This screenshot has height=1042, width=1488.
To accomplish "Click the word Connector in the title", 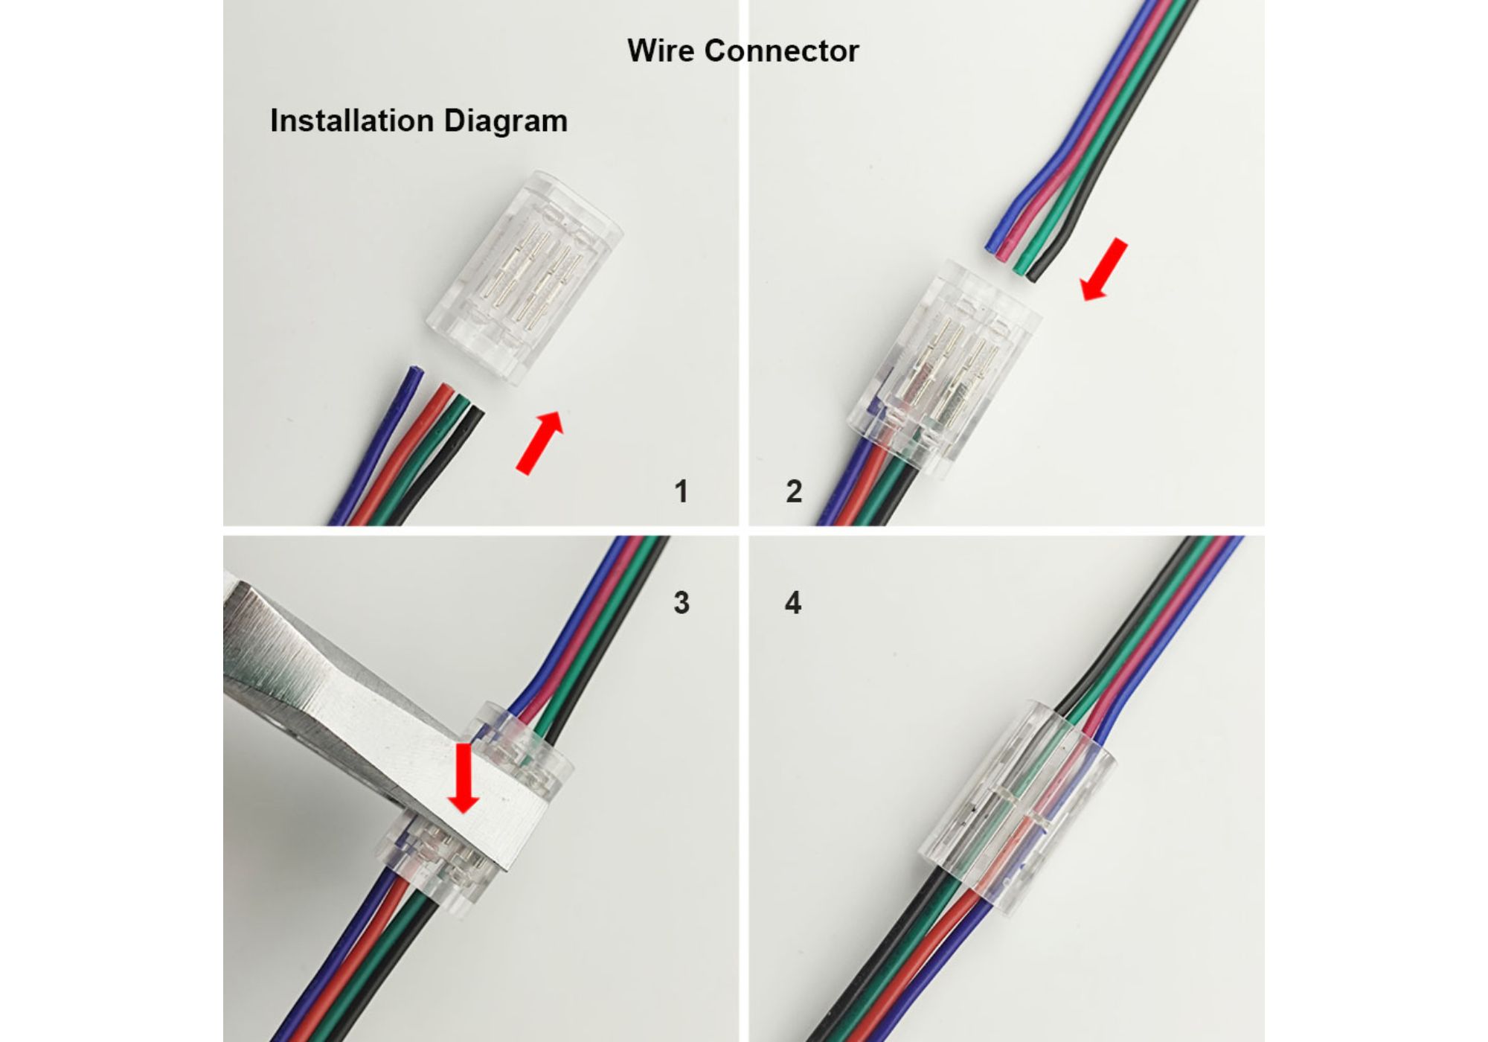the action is click(x=781, y=51).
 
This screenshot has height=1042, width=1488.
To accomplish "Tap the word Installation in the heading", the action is click(x=352, y=121).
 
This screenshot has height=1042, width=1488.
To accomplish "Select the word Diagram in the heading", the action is click(x=506, y=121).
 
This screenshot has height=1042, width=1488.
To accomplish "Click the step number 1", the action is click(x=681, y=491).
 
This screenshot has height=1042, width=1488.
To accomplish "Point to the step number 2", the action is click(x=794, y=491).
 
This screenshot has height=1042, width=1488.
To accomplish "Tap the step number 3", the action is click(x=681, y=602).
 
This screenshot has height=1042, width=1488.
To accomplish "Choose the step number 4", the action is click(x=793, y=602).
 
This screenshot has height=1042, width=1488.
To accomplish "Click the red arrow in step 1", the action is click(x=540, y=442).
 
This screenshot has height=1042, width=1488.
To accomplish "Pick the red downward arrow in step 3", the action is click(x=464, y=778).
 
